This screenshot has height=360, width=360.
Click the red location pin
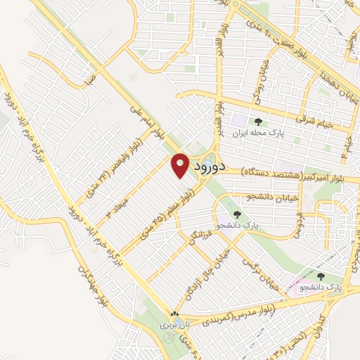pyautogui.click(x=180, y=165)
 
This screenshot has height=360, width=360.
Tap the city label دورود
pyautogui.click(x=208, y=167)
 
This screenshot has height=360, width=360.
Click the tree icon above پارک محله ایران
pyautogui.click(x=258, y=122)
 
